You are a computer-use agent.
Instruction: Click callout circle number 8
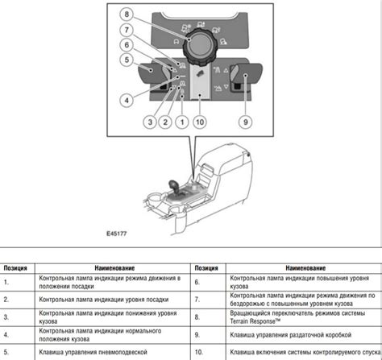[127, 14]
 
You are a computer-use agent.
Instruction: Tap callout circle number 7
[127, 30]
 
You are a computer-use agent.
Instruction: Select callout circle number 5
[127, 60]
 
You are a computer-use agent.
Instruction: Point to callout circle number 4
[127, 101]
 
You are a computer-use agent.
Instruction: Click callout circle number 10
[200, 122]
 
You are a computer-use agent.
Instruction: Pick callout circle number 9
[246, 122]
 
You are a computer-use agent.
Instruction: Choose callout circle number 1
[182, 122]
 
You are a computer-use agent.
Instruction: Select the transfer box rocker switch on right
[246, 74]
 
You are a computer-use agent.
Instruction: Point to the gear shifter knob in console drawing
[173, 186]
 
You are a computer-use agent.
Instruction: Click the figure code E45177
[116, 234]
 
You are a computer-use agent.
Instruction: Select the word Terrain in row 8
[239, 321]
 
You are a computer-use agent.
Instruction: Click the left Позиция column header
[15, 268]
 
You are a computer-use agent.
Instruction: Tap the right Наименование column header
[305, 268]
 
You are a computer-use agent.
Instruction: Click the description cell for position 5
[113, 352]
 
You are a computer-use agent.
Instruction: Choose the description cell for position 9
[304, 335]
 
